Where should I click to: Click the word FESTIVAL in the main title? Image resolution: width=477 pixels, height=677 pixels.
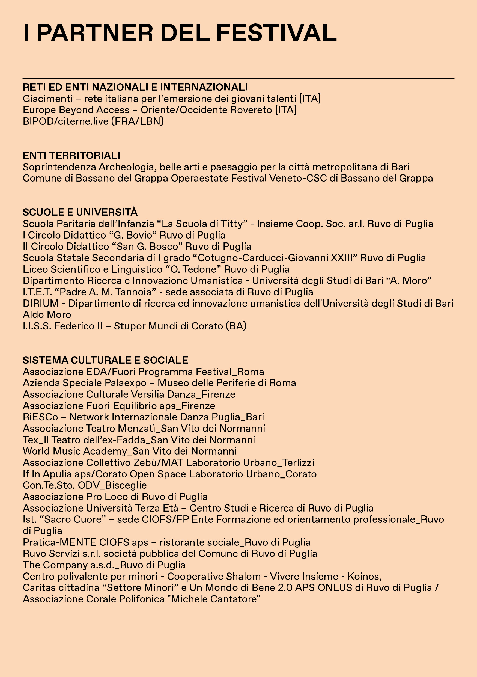(276, 33)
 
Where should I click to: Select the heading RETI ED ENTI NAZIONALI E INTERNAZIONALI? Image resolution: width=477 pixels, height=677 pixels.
(135, 87)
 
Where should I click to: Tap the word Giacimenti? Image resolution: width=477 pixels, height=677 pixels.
(48, 99)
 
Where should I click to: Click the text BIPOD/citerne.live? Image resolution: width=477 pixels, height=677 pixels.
(65, 121)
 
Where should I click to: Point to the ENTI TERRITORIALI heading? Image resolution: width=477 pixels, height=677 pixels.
(71, 155)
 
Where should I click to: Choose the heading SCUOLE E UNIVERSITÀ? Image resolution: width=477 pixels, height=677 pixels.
(80, 212)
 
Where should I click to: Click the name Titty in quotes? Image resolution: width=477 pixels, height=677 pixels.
(233, 224)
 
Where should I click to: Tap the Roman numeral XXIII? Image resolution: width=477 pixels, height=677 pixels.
(342, 258)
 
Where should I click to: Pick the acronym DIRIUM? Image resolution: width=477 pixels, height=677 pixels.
(41, 303)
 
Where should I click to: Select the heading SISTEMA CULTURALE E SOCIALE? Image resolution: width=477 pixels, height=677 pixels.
(106, 360)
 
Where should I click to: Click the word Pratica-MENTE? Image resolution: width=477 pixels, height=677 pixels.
(59, 542)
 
